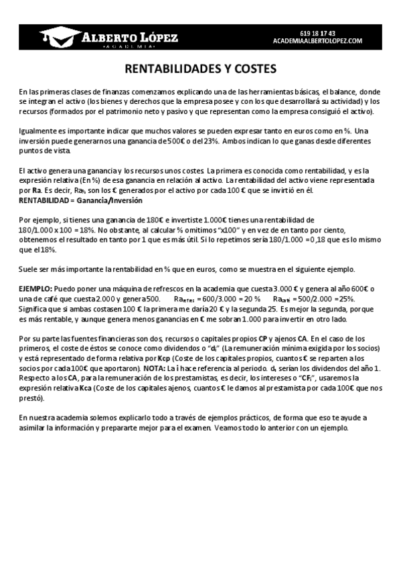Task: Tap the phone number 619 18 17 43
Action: (318, 32)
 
